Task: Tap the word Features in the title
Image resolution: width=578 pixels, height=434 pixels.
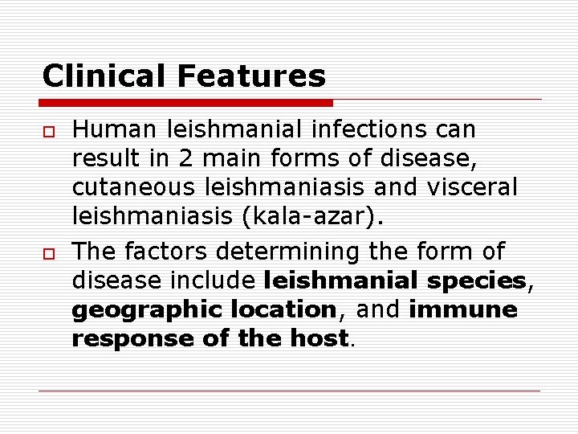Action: pos(252,76)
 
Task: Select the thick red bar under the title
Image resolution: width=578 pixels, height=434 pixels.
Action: pos(186,103)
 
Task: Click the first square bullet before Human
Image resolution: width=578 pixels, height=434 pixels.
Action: pos(47,130)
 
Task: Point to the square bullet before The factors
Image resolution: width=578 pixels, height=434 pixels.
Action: pos(47,252)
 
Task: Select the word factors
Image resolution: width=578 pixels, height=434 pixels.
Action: pos(169,252)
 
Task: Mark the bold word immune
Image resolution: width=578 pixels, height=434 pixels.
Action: pos(463,310)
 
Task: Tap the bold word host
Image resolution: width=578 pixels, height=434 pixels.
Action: pos(320,339)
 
